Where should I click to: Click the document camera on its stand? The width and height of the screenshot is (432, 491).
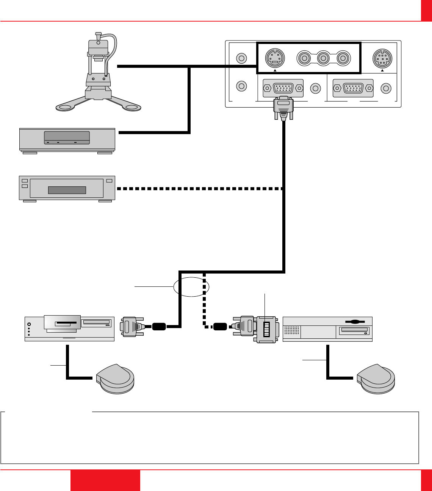pyautogui.click(x=98, y=72)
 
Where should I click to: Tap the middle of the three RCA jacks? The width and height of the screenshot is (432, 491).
pyautogui.click(x=323, y=58)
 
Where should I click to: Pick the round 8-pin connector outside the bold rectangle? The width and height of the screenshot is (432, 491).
pyautogui.click(x=382, y=58)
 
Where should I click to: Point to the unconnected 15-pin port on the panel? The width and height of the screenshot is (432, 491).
pyautogui.click(x=353, y=88)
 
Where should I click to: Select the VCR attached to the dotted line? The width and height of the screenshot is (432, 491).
pyautogui.click(x=67, y=188)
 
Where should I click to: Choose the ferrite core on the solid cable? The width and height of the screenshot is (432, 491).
pyautogui.click(x=160, y=326)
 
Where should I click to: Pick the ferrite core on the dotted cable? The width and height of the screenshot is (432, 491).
pyautogui.click(x=220, y=326)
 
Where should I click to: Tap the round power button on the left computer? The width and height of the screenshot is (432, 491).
pyautogui.click(x=29, y=324)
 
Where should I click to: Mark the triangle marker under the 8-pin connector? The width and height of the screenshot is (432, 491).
pyautogui.click(x=382, y=70)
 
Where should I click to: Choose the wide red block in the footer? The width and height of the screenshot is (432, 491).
pyautogui.click(x=105, y=480)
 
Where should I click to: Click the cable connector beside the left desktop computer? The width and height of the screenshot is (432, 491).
pyautogui.click(x=131, y=327)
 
